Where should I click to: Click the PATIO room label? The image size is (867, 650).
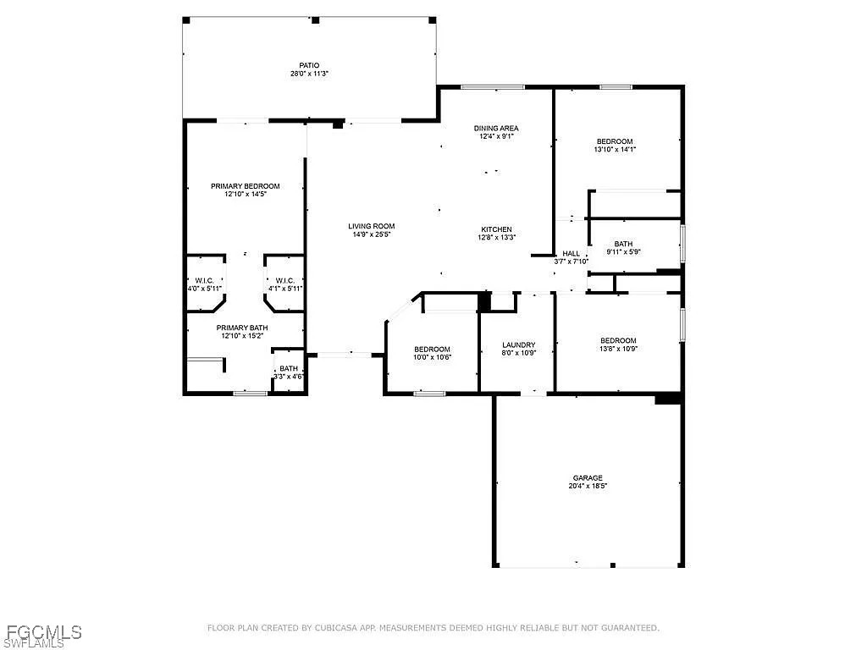(x=310, y=65)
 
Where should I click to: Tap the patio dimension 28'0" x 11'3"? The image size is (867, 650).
(x=310, y=74)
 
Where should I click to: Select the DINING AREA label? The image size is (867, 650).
(x=496, y=129)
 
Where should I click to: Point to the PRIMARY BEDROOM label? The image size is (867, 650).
(x=246, y=186)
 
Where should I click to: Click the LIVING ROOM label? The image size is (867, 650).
(x=372, y=226)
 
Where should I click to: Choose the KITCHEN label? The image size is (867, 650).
(x=496, y=229)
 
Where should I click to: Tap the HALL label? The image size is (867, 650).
(x=572, y=254)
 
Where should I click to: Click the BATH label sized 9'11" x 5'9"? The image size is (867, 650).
(x=624, y=244)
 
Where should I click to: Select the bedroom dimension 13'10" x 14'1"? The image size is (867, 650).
(x=615, y=149)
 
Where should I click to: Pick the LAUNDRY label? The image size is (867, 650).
(x=519, y=345)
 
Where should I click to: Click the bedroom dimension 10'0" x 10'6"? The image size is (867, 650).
(x=433, y=358)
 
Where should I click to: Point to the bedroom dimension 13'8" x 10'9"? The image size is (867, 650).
(x=619, y=349)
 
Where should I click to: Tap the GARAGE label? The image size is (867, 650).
(x=588, y=478)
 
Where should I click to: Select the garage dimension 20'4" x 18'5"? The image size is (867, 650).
(x=588, y=487)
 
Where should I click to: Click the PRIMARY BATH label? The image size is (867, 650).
(x=242, y=328)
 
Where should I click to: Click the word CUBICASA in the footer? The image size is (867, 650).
(x=336, y=628)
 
